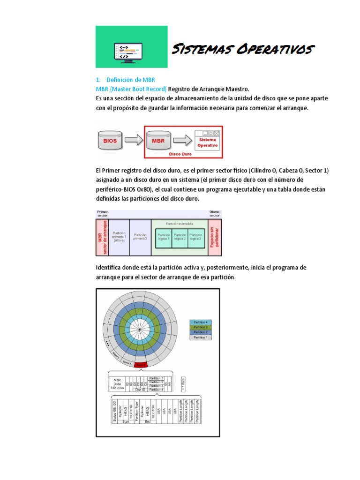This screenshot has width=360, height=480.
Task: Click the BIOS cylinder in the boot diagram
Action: [x=111, y=140]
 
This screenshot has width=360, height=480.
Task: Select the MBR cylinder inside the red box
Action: [x=159, y=140]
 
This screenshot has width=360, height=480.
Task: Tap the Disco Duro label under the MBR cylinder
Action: [x=180, y=153]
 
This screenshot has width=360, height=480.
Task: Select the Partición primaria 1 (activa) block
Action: [x=119, y=237]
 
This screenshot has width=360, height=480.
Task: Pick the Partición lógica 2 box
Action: [x=180, y=237]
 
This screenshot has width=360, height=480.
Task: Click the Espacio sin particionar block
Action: [x=214, y=237]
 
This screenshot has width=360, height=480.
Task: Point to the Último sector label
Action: [x=214, y=214]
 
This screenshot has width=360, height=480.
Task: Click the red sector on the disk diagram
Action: [x=141, y=364]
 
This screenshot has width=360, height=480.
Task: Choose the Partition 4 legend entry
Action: [x=201, y=322]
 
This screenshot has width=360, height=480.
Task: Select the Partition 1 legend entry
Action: [x=201, y=337]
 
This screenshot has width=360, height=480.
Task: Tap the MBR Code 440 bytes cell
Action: [x=117, y=383]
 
